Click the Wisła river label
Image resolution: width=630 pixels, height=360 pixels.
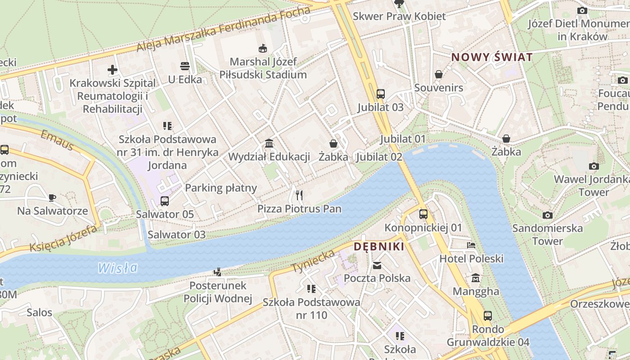118,268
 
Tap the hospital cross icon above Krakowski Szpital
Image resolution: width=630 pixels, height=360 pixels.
112,70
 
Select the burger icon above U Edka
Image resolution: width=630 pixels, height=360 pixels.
184,66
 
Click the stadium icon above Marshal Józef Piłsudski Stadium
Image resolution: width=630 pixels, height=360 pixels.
263,48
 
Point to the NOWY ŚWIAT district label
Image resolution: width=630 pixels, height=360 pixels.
492,57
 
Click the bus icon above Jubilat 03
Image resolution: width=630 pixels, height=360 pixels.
381,94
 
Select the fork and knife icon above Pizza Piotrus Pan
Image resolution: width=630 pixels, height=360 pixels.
299,195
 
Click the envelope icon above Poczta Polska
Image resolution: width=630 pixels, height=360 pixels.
377,265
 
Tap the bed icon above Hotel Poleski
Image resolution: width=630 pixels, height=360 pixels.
471,245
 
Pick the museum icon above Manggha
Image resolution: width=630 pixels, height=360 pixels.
476,278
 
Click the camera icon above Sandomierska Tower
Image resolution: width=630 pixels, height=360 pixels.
547,215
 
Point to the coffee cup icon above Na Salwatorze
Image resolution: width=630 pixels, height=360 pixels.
52,197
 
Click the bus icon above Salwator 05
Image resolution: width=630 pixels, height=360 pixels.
165,201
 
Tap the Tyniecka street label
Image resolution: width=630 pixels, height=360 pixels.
313,261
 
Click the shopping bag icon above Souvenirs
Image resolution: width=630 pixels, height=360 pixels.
439,74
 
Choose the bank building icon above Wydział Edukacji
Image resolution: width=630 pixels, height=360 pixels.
269,144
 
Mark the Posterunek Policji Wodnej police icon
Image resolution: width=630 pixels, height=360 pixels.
218,272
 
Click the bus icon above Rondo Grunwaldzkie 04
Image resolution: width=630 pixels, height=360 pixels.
488,316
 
